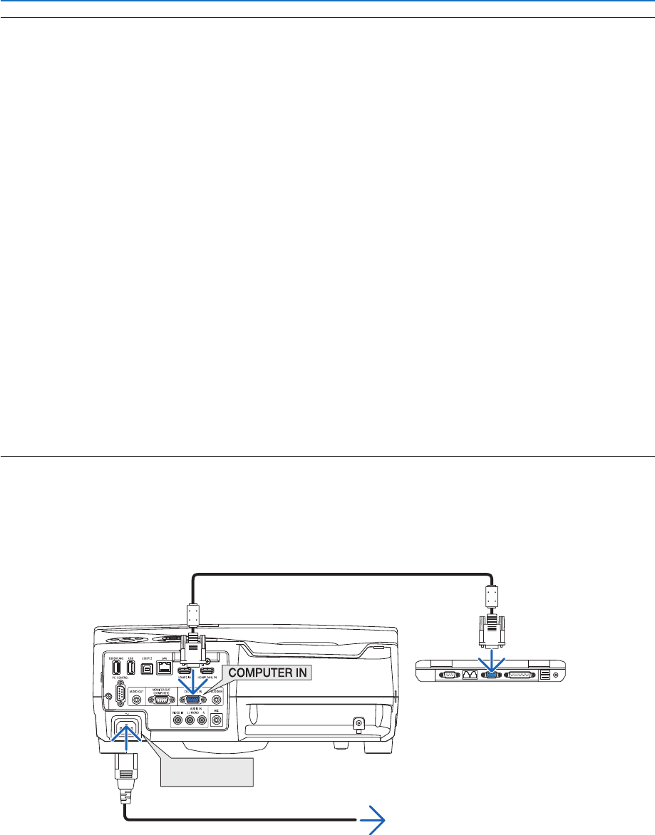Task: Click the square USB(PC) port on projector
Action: click(147, 668)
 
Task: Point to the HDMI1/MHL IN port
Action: click(208, 672)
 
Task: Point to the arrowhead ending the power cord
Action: click(373, 822)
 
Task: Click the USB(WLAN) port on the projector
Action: click(117, 668)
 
